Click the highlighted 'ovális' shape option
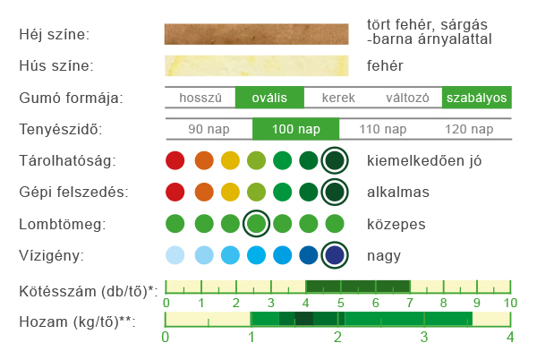click(x=269, y=98)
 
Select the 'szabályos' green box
click(x=477, y=98)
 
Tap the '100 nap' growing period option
click(x=296, y=129)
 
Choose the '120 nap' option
click(x=469, y=129)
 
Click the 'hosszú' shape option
click(x=200, y=98)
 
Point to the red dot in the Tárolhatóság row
click(x=175, y=160)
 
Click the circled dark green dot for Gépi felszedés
click(x=335, y=192)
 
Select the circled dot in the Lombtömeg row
click(x=256, y=224)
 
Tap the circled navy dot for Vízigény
click(x=335, y=255)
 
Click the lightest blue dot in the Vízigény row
click(x=175, y=255)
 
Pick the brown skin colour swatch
click(x=257, y=34)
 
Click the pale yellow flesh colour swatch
click(x=257, y=65)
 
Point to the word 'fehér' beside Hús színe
click(x=385, y=65)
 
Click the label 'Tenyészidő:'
click(x=61, y=130)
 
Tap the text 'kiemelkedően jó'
click(x=424, y=160)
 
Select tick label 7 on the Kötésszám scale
click(x=410, y=303)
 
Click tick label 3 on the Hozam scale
click(x=424, y=337)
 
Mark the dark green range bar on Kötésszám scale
click(x=358, y=287)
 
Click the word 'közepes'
click(x=396, y=225)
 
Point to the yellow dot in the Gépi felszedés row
click(x=230, y=192)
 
